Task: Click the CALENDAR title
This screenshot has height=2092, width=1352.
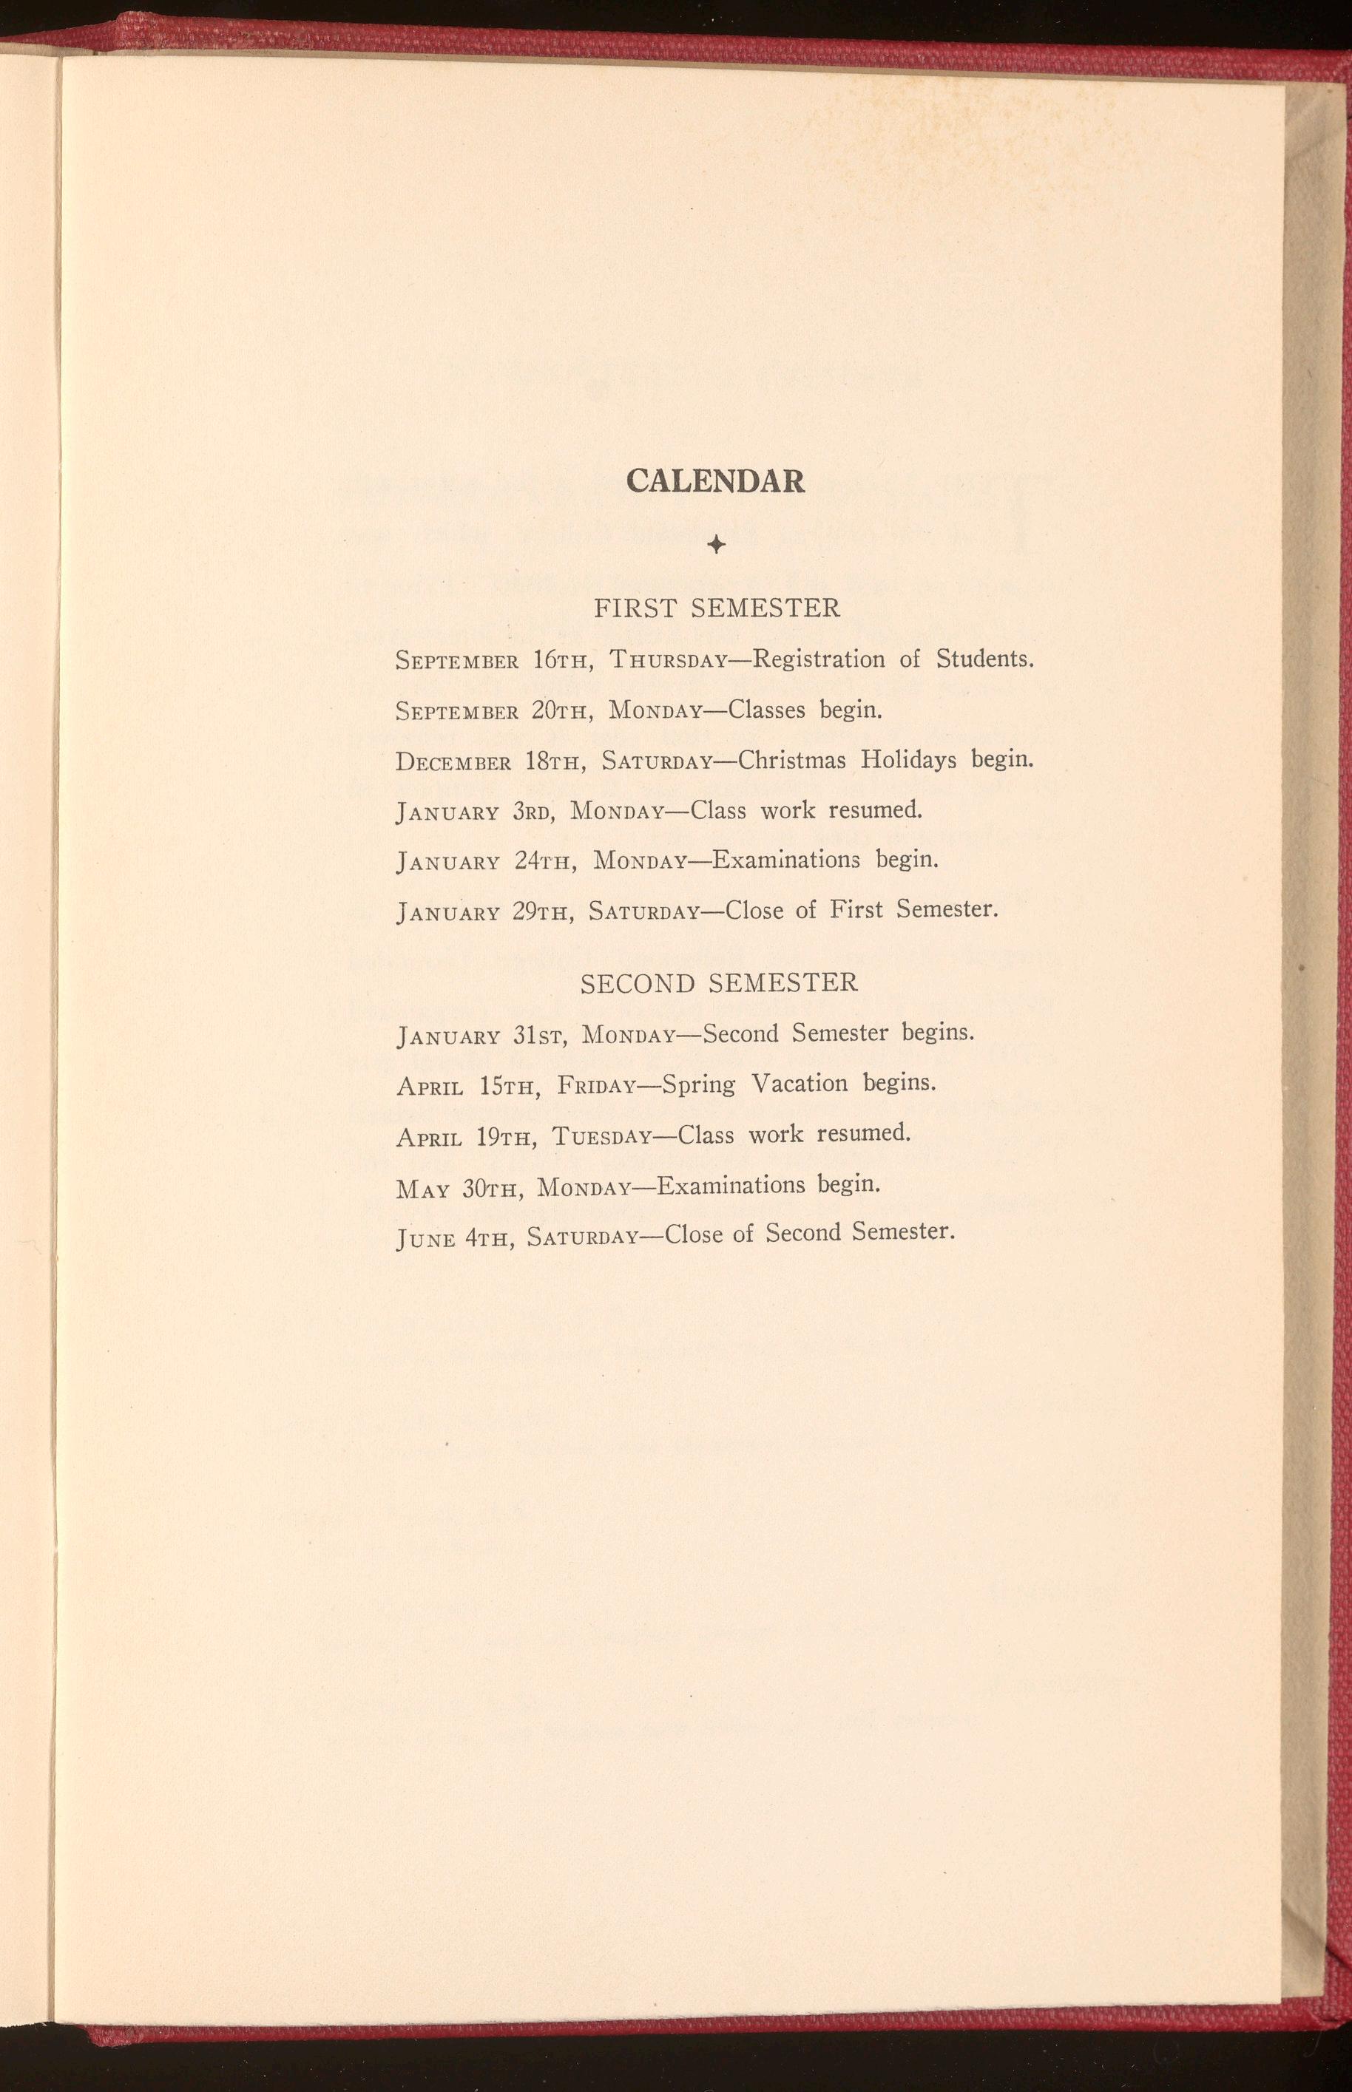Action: point(715,481)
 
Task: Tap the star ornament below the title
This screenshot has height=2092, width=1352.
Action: point(717,545)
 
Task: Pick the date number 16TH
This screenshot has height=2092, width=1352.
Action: point(559,660)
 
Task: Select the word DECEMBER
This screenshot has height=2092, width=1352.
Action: point(453,761)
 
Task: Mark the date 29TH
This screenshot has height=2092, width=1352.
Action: point(541,911)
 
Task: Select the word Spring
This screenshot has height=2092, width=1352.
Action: point(699,1084)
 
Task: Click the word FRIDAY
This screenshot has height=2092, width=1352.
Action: point(597,1087)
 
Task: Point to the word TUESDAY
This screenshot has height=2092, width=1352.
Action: point(602,1137)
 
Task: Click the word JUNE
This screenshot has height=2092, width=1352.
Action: point(426,1239)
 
